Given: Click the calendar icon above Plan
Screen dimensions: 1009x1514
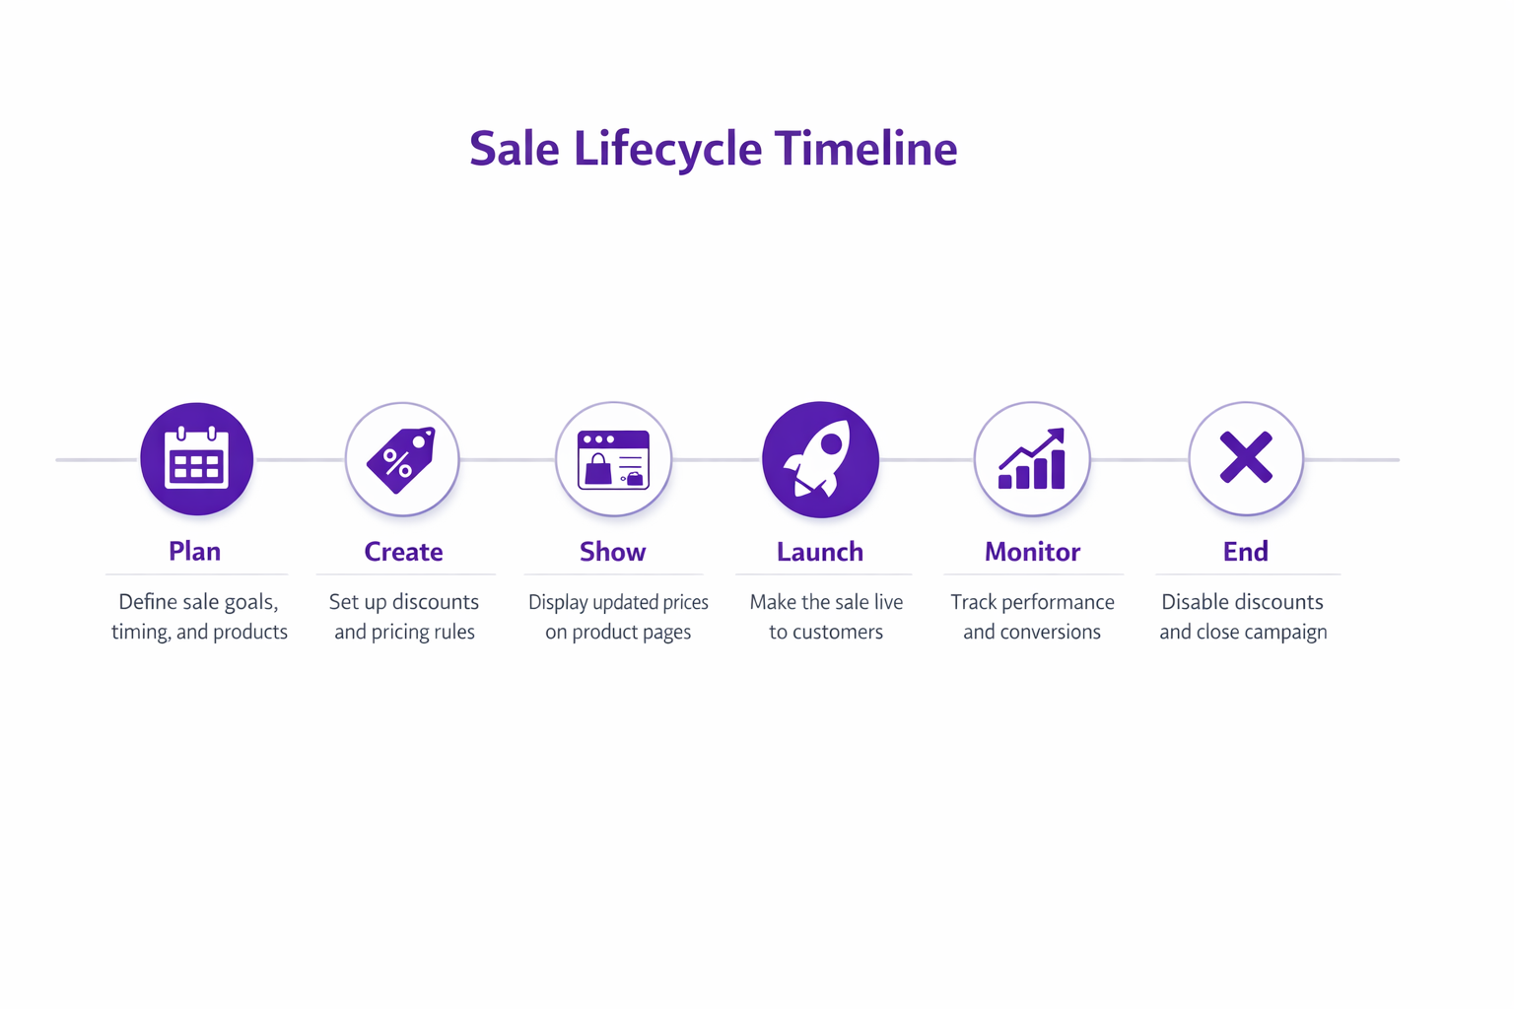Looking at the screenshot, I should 197,459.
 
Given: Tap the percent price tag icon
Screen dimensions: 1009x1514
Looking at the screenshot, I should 402,459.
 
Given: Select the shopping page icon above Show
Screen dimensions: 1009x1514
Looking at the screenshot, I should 613,459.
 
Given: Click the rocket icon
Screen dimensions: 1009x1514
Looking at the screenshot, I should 820,459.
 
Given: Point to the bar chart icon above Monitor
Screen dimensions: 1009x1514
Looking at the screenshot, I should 1032,459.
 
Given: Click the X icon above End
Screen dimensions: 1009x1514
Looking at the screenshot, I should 1246,458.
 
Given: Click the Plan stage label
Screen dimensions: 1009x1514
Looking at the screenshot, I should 195,551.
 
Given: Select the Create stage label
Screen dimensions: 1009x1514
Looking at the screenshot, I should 403,552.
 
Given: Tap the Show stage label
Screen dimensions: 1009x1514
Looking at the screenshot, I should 612,552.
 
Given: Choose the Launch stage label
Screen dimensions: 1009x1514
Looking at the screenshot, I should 820,552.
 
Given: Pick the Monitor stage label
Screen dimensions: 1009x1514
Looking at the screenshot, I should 1032,552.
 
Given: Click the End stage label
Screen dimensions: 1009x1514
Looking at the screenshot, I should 1246,552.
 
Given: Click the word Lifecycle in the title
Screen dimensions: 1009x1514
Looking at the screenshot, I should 667,149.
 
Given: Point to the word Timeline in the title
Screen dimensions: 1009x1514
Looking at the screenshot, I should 865,149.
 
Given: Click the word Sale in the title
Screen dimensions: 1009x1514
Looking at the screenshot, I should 514,149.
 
